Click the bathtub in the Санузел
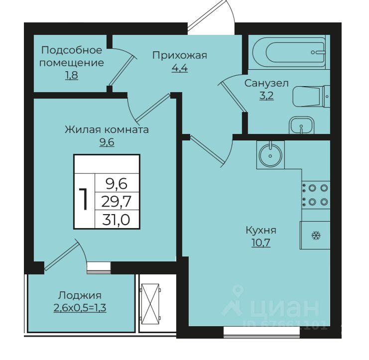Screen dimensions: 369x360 tap(289, 52)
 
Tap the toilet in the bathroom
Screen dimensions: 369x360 tap(311, 97)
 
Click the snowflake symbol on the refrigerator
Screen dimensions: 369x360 tap(316, 235)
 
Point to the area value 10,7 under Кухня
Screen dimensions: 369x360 tap(261, 242)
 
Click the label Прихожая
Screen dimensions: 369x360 tap(180, 56)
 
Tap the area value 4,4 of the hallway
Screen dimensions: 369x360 tap(180, 68)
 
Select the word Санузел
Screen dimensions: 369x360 tap(266, 83)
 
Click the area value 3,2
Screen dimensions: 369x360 tap(266, 96)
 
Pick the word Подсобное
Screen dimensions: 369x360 tap(72, 50)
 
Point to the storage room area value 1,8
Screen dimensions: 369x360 tap(72, 75)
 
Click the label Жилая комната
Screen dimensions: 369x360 tap(107, 129)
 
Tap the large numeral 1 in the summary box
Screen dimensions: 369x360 tap(84, 199)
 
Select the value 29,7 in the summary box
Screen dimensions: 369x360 tap(116, 202)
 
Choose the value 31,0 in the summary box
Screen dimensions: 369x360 tap(116, 220)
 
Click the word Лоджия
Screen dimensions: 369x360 tap(80, 295)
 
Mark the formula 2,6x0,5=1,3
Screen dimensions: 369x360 tap(80, 308)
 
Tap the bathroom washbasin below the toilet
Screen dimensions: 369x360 tap(301, 125)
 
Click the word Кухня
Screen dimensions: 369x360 tap(261, 230)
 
